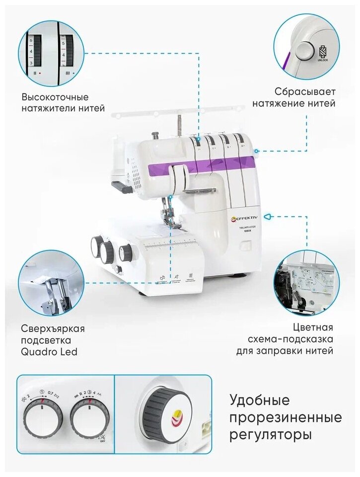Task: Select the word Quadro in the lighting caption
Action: coord(38,353)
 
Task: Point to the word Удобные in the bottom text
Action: coord(259,400)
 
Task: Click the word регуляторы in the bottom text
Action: coord(271,435)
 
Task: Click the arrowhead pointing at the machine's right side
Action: coord(267,217)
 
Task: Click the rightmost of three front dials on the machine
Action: coord(125,253)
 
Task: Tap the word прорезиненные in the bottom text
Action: coord(286,417)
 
